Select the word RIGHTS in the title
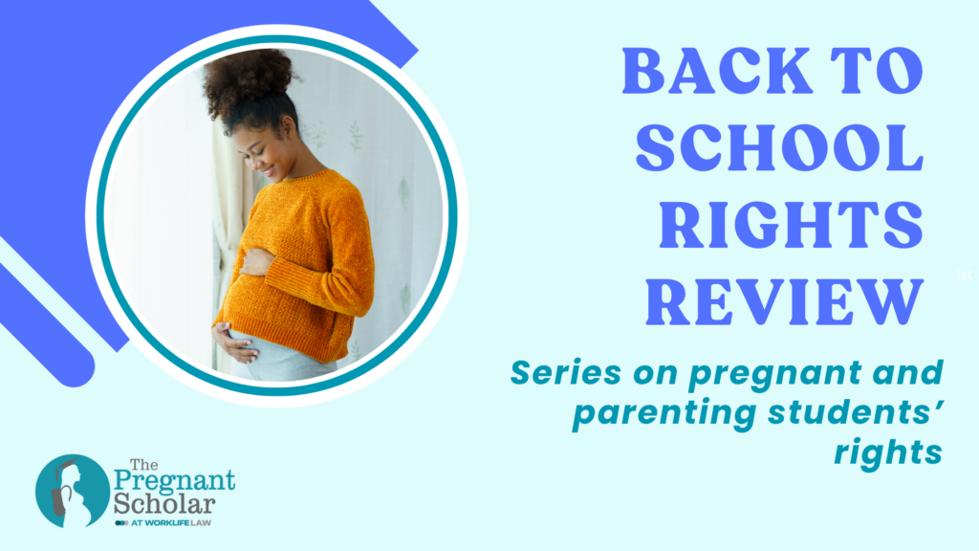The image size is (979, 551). tap(791, 224)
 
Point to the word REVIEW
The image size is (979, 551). tap(784, 302)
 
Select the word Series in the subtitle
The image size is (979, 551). tap(566, 373)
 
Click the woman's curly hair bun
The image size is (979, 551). tap(248, 78)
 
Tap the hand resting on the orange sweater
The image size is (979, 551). tap(256, 262)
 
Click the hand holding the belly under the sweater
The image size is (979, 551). tap(235, 343)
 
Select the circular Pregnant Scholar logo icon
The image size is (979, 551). tap(73, 491)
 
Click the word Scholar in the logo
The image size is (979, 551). tap(164, 504)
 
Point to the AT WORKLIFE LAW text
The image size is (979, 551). tap(170, 522)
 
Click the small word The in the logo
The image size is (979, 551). tap(143, 465)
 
